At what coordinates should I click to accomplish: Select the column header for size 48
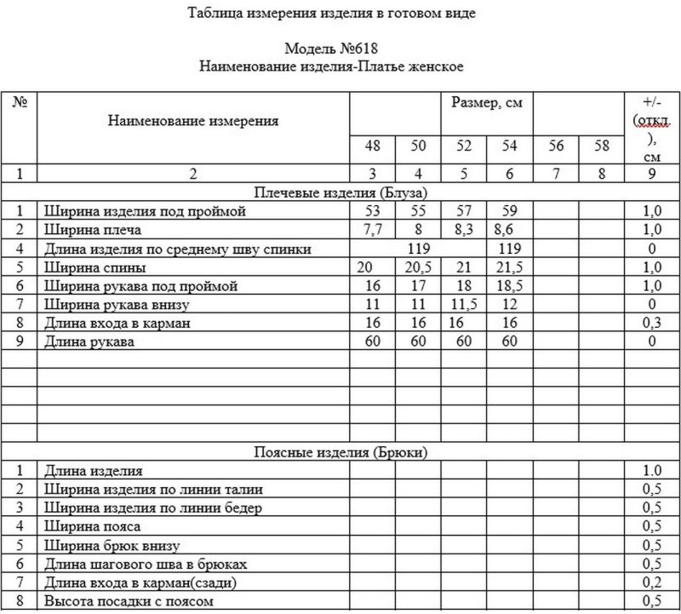coord(372,146)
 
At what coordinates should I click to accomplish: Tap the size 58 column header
coord(602,146)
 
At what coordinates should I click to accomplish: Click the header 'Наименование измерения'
coord(193,121)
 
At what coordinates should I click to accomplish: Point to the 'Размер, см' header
coord(486,103)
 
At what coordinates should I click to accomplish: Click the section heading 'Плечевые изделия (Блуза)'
coord(340,192)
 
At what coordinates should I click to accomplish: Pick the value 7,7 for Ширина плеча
coord(371,230)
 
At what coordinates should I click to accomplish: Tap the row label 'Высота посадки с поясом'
coord(126,602)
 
